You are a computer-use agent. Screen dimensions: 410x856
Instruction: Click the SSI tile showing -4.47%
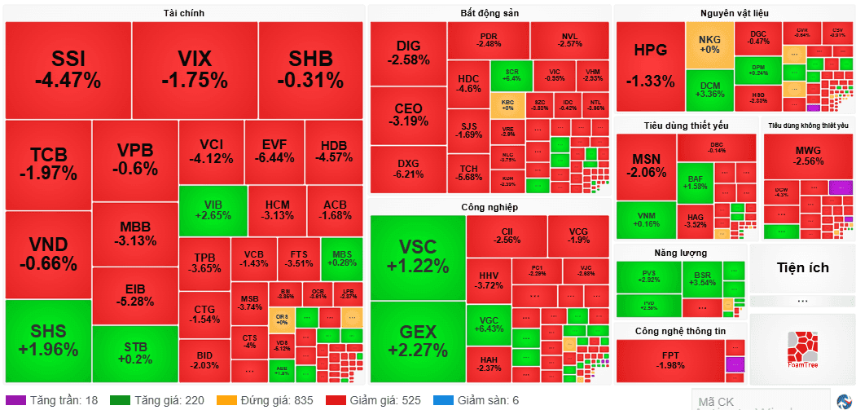click(68, 69)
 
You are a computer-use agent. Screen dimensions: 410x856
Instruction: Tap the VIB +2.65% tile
click(213, 210)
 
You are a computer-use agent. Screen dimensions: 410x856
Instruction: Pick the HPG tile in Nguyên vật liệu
click(650, 66)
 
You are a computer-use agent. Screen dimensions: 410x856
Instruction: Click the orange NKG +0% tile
click(709, 44)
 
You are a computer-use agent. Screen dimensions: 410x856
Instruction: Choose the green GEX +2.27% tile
click(418, 341)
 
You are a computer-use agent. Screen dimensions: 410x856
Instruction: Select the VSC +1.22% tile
click(418, 257)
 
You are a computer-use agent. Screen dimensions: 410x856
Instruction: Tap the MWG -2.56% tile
click(808, 156)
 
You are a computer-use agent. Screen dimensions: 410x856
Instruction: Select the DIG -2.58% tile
click(408, 53)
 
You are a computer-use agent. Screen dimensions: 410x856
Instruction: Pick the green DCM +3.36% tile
click(709, 90)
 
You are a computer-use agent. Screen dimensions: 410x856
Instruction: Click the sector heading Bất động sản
click(489, 13)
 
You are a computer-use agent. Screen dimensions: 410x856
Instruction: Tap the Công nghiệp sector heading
click(489, 207)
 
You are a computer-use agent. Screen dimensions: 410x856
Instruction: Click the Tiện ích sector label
click(802, 267)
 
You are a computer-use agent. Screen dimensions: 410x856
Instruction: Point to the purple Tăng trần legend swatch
click(15, 400)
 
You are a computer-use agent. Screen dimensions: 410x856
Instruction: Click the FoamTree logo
click(802, 350)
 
